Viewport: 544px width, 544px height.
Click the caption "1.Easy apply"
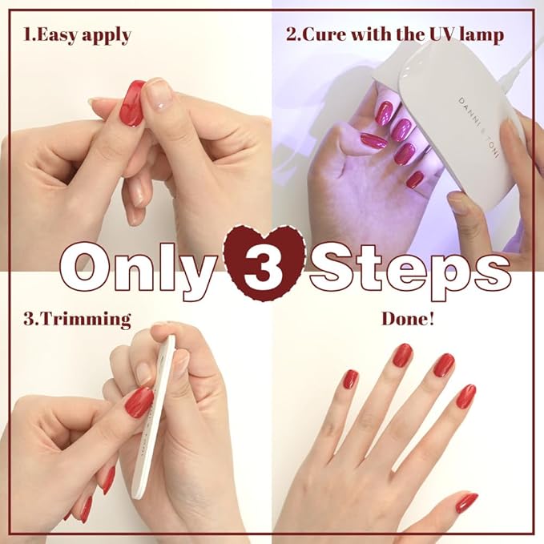(x=77, y=35)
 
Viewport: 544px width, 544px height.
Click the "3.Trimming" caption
(x=77, y=319)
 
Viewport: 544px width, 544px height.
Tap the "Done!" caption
(x=408, y=319)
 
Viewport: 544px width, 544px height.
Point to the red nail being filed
(x=139, y=403)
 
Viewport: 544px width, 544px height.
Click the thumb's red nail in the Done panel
(x=466, y=502)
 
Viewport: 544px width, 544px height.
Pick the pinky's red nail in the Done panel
(x=350, y=379)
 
